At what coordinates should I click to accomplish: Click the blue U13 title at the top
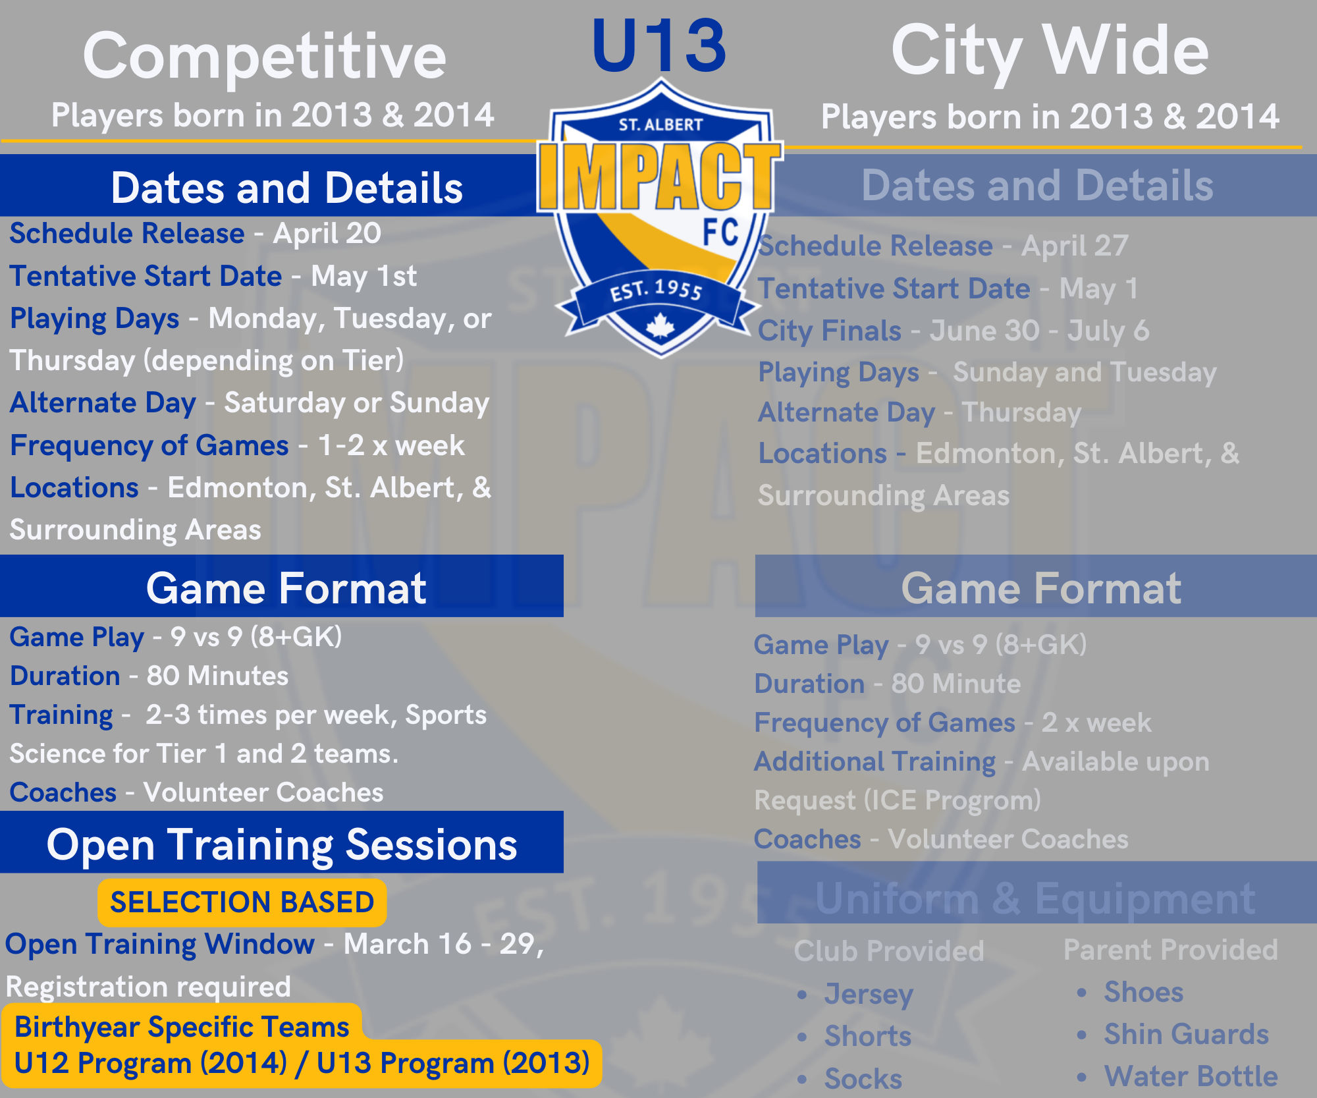coord(659,46)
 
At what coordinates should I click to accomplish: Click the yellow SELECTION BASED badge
coord(242,902)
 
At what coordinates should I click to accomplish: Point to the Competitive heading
coord(265,57)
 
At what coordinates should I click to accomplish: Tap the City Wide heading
coord(1050,52)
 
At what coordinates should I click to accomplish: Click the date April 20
coord(327,234)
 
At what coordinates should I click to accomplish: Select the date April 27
coord(1075,246)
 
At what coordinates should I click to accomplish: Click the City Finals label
coord(830,331)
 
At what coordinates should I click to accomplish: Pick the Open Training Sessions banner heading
coord(282,844)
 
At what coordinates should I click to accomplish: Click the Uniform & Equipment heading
coord(1035,898)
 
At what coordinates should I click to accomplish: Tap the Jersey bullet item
coord(869,994)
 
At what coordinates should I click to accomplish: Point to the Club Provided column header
coord(889,951)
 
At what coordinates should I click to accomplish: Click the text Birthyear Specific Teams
coord(182,1027)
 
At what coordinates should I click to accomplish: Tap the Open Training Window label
coord(160,945)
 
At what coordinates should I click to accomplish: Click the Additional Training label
coord(875,762)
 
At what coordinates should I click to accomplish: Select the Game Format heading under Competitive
coord(286,588)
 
